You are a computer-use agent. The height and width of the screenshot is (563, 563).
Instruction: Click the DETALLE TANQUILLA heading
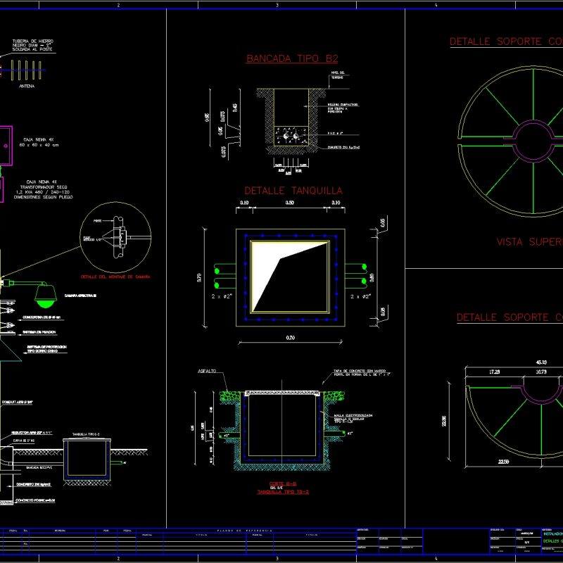(293, 191)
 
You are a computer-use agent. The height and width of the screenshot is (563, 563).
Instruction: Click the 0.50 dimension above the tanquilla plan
(290, 203)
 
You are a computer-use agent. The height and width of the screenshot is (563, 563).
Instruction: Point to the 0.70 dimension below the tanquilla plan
(290, 339)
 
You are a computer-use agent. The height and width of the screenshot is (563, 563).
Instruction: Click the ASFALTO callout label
(206, 371)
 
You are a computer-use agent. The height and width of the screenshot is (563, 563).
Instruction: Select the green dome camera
(44, 296)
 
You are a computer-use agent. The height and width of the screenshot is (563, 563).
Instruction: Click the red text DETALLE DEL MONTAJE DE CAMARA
(115, 277)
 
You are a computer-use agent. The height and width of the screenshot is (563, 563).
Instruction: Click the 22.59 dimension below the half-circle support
(503, 462)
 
